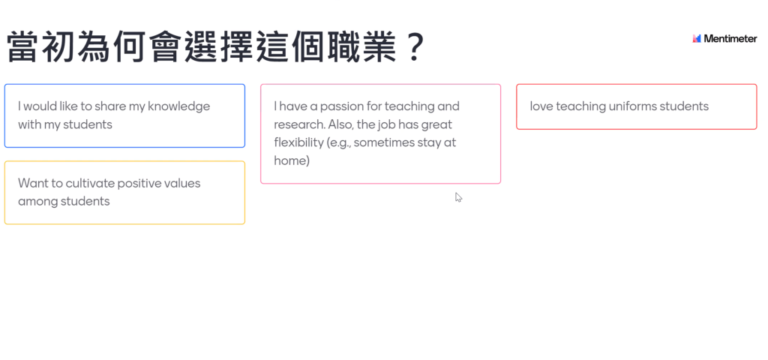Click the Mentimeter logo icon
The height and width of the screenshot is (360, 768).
click(x=697, y=39)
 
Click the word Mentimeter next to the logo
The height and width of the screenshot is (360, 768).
click(x=730, y=39)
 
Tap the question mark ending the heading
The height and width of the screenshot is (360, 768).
click(x=415, y=46)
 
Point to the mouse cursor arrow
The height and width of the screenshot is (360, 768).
click(x=458, y=197)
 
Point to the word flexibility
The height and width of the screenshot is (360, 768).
click(x=298, y=142)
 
